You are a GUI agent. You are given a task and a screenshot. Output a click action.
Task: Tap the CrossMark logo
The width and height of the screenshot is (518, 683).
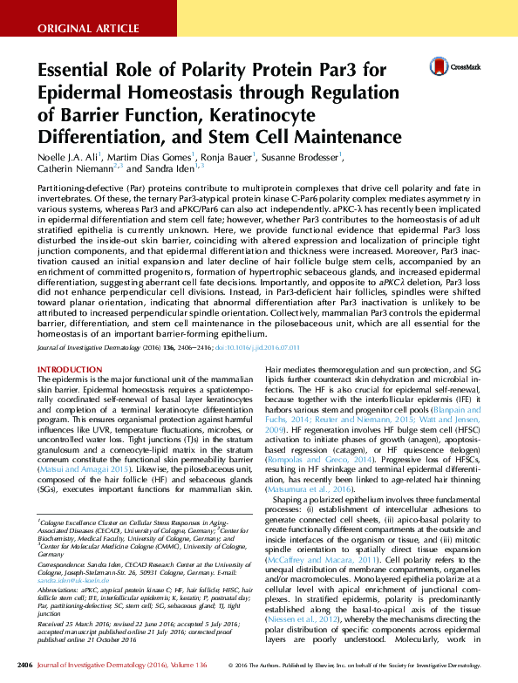point(451,67)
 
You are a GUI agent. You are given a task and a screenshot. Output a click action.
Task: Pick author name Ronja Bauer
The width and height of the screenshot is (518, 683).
point(225,158)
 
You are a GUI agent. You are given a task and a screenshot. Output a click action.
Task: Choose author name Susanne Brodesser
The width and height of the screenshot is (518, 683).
point(306,158)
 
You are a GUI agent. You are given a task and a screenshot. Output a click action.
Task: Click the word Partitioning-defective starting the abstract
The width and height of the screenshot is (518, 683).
point(80,188)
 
